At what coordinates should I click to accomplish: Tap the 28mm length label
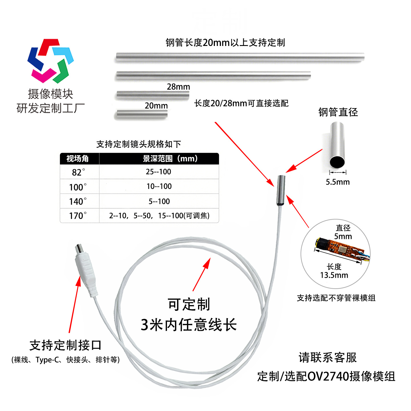point(178,87)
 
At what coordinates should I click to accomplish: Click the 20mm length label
point(156,106)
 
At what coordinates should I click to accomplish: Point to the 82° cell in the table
point(79,172)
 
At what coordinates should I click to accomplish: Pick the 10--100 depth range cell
point(159,186)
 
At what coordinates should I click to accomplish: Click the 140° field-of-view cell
point(78,202)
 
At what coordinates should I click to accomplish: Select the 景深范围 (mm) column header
point(170,158)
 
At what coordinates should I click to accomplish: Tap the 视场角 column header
point(78,158)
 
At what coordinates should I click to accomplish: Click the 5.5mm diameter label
point(338,182)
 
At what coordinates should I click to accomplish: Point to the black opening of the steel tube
point(337,162)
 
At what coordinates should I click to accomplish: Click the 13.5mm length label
point(334,275)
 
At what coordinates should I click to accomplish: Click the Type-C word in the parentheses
point(45,360)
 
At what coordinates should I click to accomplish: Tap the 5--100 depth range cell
point(159,202)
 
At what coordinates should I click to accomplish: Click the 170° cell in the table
point(78,216)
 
